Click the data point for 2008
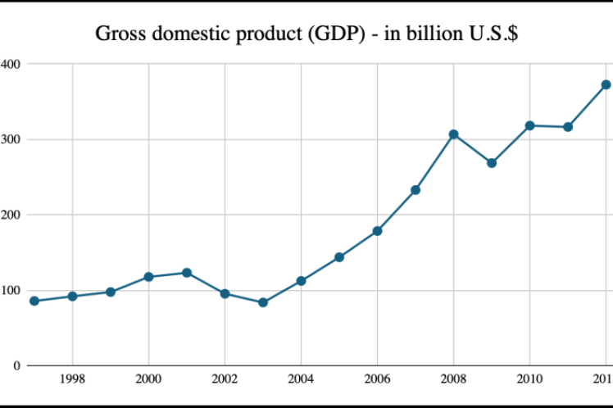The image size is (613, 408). (x=453, y=134)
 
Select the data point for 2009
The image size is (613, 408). (x=492, y=163)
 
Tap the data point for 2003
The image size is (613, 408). (x=263, y=302)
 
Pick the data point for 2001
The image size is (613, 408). (x=187, y=273)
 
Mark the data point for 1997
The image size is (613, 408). (x=34, y=301)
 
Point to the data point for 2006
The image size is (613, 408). (x=377, y=231)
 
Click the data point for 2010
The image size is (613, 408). (x=529, y=125)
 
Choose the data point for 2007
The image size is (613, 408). (x=415, y=190)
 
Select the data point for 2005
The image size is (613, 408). (x=339, y=257)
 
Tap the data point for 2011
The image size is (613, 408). (x=568, y=127)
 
